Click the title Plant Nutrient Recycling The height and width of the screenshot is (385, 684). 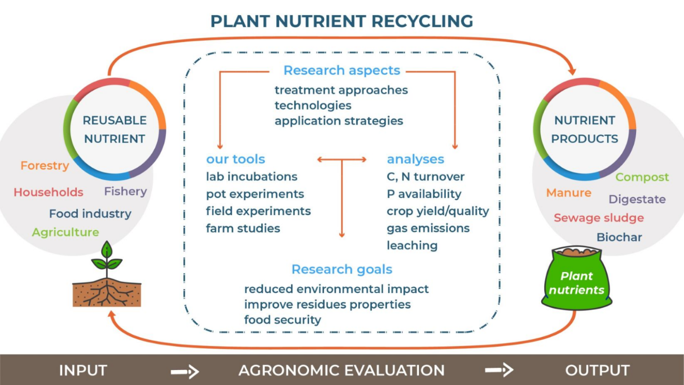pos(342,21)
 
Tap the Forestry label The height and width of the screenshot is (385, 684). pos(45,165)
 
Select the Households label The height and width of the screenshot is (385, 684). pos(48,192)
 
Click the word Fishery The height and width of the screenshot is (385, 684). pos(125,191)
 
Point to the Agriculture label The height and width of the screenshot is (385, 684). pos(65,232)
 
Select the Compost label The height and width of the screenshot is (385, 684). pos(642,177)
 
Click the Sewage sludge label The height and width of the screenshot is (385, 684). pos(599,218)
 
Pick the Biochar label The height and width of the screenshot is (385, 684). pos(619,237)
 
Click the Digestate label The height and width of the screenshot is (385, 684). pos(637,199)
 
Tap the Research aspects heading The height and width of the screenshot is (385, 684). pos(342,70)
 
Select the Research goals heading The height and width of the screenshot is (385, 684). pos(342,269)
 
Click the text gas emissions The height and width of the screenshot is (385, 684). pos(428,228)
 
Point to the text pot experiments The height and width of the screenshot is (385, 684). pos(255,194)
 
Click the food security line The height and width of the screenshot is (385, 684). pos(283,319)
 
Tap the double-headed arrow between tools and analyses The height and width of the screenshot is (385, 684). pos(342,159)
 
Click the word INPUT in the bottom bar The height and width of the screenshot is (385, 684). pos(83,370)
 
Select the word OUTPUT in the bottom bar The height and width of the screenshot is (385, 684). pos(597,370)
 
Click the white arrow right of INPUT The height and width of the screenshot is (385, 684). pos(185,371)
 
